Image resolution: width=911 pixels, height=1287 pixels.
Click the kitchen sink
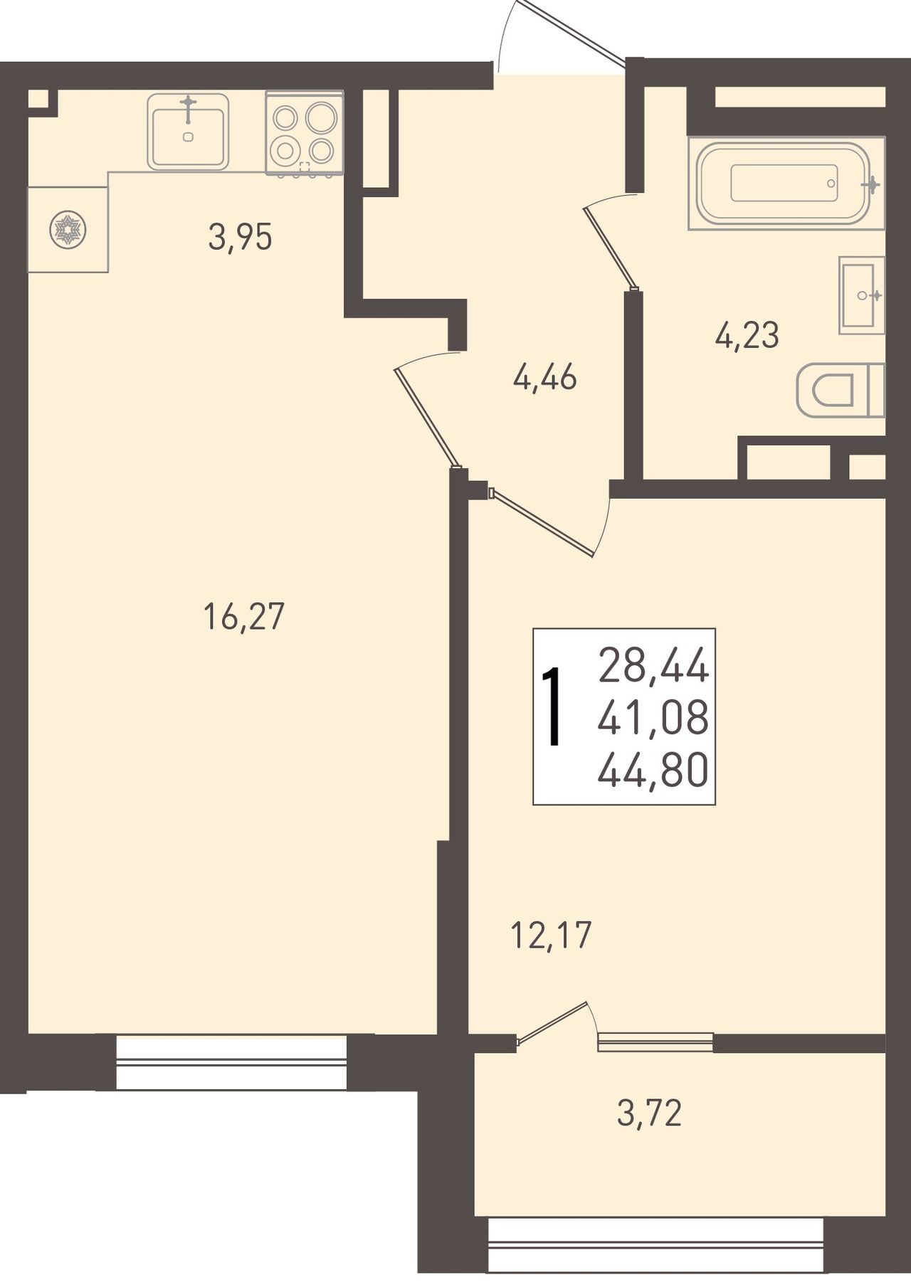coord(189,132)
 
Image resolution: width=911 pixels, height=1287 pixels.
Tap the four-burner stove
coord(305,133)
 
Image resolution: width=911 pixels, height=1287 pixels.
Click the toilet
coord(841,390)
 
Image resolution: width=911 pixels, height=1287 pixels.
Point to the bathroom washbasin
coord(862,295)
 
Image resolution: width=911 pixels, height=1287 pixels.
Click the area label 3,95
coord(240,238)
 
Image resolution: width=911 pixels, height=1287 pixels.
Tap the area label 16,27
coord(243,616)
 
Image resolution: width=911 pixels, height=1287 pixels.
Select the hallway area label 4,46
coord(544,377)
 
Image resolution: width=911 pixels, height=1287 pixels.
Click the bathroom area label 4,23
coord(747,334)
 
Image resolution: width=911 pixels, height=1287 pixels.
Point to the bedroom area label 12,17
coord(552,935)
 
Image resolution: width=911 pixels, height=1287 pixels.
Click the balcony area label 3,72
coord(649,1113)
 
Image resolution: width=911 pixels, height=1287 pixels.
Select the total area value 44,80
coord(653,770)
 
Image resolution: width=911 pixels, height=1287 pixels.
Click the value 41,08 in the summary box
coord(653,718)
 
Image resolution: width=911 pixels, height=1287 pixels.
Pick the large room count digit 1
coord(553,708)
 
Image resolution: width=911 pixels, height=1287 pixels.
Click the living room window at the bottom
coord(231,1063)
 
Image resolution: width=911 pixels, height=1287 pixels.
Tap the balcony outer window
coord(655,1244)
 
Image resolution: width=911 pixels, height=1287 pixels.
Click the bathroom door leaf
coord(609,248)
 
